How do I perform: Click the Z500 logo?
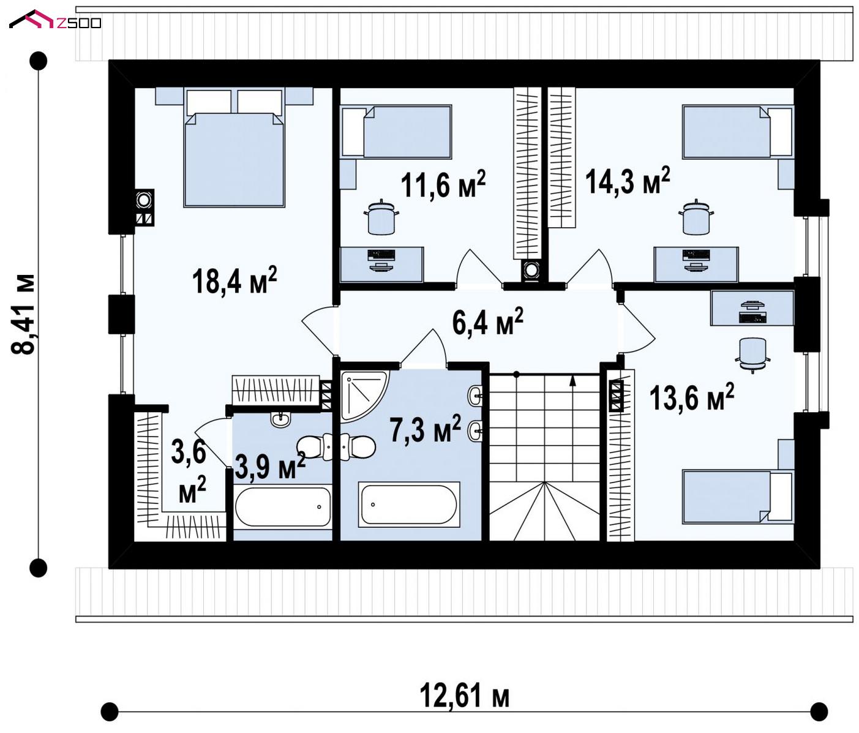[55, 20]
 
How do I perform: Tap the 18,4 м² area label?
[234, 280]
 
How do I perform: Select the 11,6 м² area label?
[443, 184]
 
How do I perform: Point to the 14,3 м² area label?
[628, 181]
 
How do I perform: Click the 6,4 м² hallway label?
[487, 321]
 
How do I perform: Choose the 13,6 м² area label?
[691, 397]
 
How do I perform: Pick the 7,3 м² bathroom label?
[426, 428]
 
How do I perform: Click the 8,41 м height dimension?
[23, 314]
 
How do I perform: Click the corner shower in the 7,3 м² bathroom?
[364, 396]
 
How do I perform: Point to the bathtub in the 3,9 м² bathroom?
[283, 506]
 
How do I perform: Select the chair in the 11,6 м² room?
[381, 217]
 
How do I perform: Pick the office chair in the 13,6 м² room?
[752, 355]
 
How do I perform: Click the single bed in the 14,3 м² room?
[738, 132]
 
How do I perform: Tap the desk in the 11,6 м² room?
[382, 264]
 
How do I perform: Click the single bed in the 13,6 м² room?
[738, 497]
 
